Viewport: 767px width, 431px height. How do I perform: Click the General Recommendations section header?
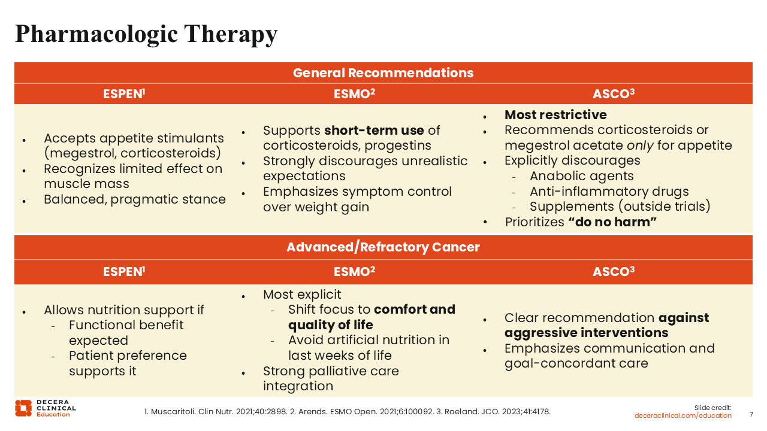383,73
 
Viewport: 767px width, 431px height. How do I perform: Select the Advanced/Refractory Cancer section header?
383,247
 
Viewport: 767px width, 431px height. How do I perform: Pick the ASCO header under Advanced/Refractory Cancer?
613,272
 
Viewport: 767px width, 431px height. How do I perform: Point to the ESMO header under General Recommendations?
354,94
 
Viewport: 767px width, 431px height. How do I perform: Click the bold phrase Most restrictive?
555,115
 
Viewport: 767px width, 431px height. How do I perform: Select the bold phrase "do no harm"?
613,222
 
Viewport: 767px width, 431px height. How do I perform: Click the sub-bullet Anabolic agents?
581,176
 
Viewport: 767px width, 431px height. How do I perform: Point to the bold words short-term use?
374,130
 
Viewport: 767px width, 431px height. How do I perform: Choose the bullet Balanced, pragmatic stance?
135,199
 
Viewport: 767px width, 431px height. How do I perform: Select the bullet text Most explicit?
302,295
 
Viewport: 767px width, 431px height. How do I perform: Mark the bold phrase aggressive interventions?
586,333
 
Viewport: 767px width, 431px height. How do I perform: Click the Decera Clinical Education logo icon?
23,408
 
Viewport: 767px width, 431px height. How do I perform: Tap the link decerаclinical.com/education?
683,415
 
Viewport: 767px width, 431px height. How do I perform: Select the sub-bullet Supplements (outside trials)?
620,207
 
